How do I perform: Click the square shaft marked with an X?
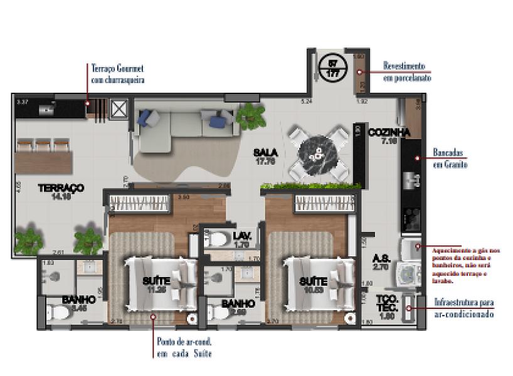[x=119, y=109]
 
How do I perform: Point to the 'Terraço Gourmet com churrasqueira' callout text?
[x=118, y=73]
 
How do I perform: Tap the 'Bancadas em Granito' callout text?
[x=450, y=158]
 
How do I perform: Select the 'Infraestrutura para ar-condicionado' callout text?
[x=463, y=308]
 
